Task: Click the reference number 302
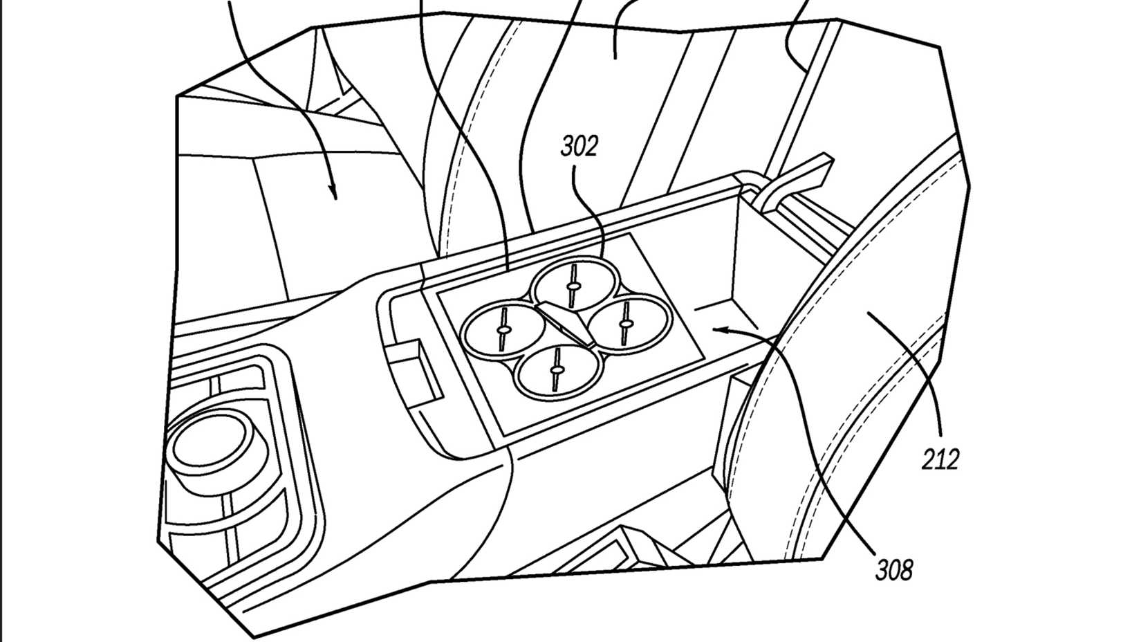[579, 147]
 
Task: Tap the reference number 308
[893, 570]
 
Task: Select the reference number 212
[940, 459]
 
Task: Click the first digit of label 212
[929, 459]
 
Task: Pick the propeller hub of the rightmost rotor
[626, 323]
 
